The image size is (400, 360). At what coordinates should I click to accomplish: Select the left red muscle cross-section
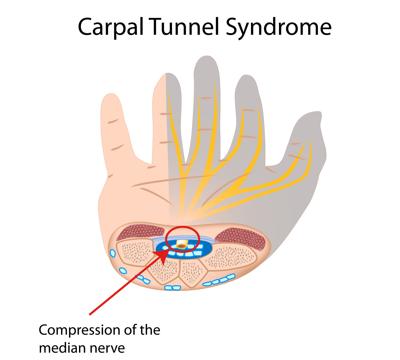point(140,232)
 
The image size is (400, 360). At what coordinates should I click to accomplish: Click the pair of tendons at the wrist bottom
point(173,288)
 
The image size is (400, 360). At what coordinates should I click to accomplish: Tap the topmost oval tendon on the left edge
point(113,253)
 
